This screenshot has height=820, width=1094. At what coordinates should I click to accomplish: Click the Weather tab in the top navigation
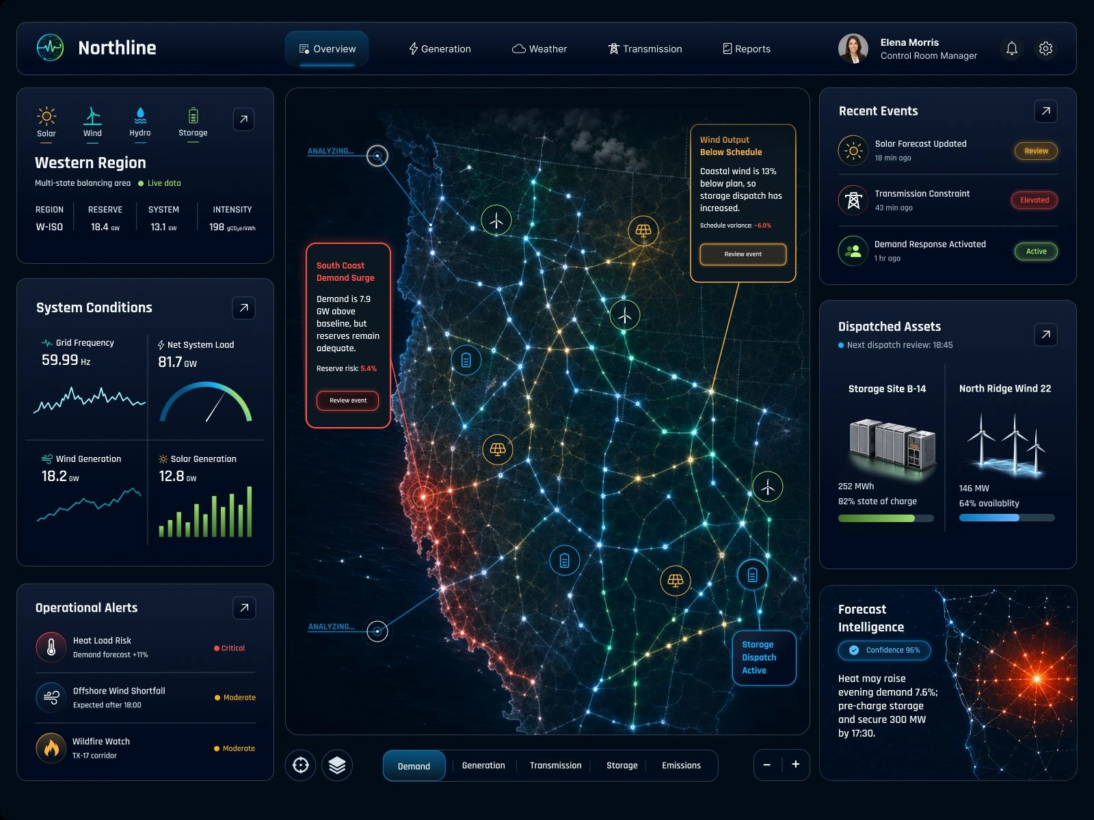click(539, 49)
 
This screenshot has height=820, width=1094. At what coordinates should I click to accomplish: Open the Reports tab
click(747, 49)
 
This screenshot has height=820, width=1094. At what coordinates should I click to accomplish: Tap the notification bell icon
click(1011, 49)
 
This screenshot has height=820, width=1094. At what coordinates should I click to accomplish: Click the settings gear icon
click(1045, 49)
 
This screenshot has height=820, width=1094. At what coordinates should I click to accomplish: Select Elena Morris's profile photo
click(853, 49)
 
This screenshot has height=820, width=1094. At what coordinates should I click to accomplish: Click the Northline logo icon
click(50, 48)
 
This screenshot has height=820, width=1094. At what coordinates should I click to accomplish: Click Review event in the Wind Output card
click(743, 254)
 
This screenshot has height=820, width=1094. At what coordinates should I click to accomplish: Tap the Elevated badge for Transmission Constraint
click(1035, 200)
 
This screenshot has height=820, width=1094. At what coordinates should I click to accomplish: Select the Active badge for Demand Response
click(1036, 251)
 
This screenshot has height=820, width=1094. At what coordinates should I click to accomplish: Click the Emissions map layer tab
click(681, 765)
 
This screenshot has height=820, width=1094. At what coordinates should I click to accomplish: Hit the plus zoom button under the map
click(795, 764)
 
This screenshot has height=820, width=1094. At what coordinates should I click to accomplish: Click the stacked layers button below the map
click(337, 765)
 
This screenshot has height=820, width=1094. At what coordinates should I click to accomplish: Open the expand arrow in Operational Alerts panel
click(244, 608)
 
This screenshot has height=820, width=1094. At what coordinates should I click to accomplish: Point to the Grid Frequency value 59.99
click(59, 360)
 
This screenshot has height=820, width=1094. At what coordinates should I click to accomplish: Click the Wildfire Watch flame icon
click(51, 748)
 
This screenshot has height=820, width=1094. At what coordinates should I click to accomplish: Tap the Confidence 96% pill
click(884, 651)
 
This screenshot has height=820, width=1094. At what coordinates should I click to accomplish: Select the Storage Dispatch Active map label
click(764, 657)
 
